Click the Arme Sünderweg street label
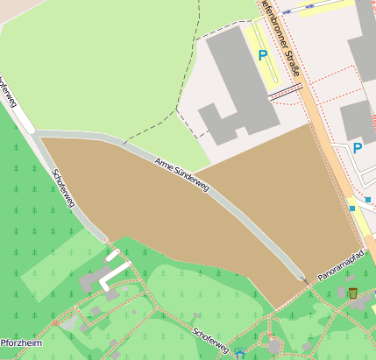[x=182, y=175]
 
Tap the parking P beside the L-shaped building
[x=262, y=55]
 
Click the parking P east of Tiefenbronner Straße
[x=358, y=148]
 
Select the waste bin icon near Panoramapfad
[x=352, y=293]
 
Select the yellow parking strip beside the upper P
[x=276, y=54]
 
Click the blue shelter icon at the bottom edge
[x=239, y=355]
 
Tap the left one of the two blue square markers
[x=352, y=209]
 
